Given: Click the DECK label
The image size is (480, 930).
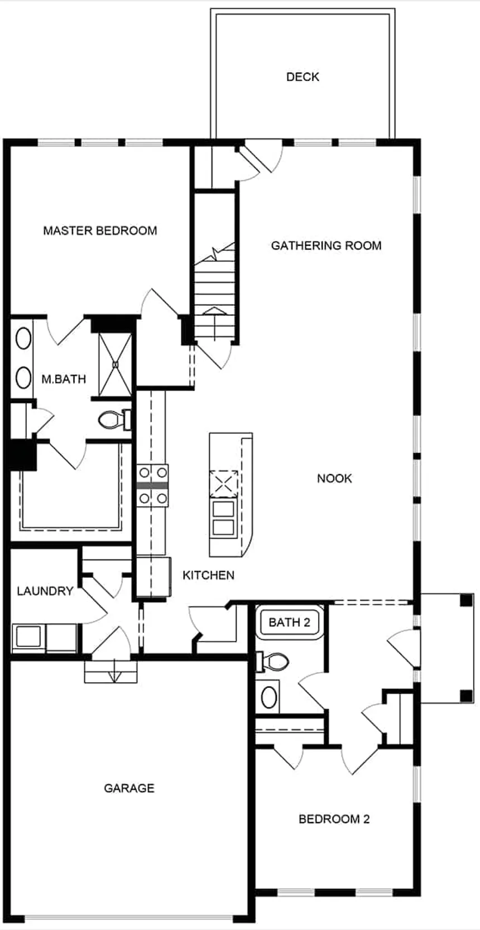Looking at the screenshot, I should point(303,77).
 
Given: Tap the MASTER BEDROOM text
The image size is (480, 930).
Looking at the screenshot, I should point(100,230).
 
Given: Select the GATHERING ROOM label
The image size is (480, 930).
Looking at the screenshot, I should point(326,245).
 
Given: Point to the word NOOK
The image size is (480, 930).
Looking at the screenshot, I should point(334,478).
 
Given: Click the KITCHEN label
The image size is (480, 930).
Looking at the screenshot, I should point(208,575).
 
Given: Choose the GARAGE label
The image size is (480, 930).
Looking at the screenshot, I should point(129,788).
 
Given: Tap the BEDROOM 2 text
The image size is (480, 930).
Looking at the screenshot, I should point(334,819).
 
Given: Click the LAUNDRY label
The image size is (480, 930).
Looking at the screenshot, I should point(45,591).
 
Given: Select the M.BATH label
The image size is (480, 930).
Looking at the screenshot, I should point(64,379).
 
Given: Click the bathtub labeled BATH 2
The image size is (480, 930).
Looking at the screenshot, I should point(289,622).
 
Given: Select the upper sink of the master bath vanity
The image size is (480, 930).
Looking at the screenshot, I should point(23,339).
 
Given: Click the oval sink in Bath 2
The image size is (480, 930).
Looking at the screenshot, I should point(270,697).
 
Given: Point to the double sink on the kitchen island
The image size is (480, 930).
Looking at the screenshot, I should point(223,518).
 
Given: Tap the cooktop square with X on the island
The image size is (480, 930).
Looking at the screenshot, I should point(223,483).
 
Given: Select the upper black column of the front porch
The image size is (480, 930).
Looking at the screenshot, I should point(466,601).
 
